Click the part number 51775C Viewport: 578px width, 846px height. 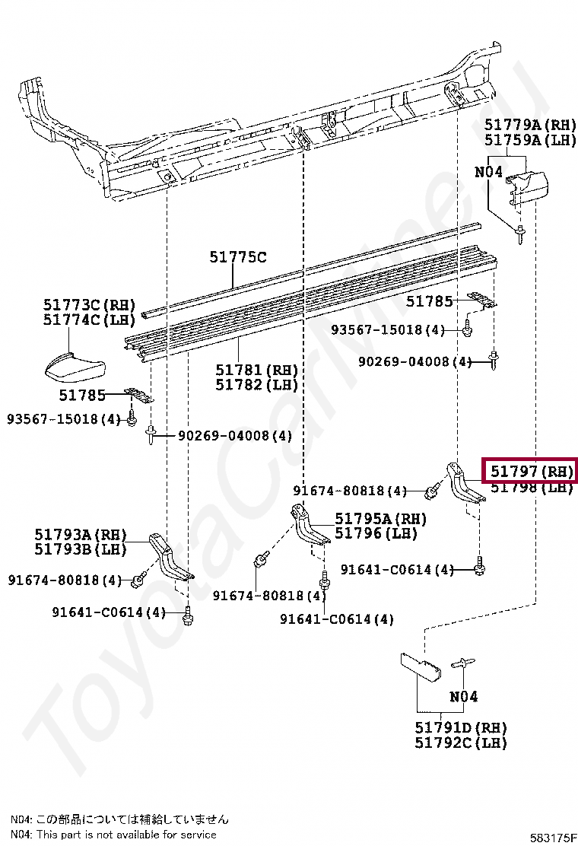click(238, 257)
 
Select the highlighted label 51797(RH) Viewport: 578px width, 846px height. click(531, 472)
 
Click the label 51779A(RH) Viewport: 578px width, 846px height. click(531, 125)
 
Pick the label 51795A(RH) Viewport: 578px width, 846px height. click(380, 519)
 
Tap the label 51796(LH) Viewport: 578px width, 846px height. click(376, 533)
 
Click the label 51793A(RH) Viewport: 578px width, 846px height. click(80, 535)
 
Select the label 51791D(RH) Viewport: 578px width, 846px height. click(461, 728)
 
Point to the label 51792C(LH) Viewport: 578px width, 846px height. click(461, 743)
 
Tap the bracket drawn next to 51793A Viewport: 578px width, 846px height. click(169, 559)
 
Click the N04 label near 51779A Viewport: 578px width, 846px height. click(488, 172)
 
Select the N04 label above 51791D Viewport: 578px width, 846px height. click(463, 696)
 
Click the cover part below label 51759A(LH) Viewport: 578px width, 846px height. click(529, 188)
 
